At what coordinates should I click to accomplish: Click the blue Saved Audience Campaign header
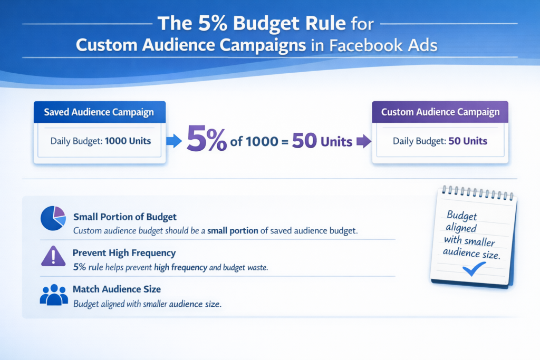99,112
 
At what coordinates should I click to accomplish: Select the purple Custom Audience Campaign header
440,112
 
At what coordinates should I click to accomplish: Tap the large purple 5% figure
208,141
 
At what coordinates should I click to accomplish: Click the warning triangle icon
53,256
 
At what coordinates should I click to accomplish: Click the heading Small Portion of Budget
125,217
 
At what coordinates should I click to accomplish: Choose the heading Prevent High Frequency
124,253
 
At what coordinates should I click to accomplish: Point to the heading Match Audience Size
117,289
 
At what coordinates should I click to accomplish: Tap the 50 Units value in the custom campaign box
467,141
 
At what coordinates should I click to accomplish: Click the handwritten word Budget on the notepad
461,216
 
